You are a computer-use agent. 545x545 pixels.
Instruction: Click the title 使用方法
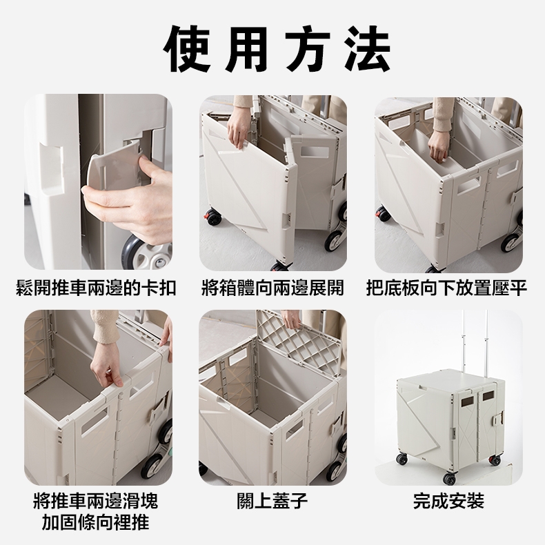[x=277, y=49]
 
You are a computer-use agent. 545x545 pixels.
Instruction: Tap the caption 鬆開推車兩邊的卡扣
[x=97, y=288]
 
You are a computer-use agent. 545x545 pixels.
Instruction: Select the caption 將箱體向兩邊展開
[x=273, y=288]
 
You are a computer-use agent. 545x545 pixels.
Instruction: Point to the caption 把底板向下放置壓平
[x=447, y=288]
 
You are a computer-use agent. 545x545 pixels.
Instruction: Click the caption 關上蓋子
[x=272, y=501]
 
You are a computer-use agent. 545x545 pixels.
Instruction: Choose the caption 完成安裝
[x=448, y=501]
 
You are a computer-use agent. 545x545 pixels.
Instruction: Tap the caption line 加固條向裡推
[x=96, y=522]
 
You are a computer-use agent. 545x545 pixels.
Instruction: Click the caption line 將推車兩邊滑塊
[x=96, y=501]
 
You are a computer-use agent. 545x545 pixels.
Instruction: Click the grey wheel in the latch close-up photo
[x=148, y=250]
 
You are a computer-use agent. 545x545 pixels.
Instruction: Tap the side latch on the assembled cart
[x=498, y=418]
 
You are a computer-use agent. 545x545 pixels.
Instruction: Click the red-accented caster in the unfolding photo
[x=212, y=217]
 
